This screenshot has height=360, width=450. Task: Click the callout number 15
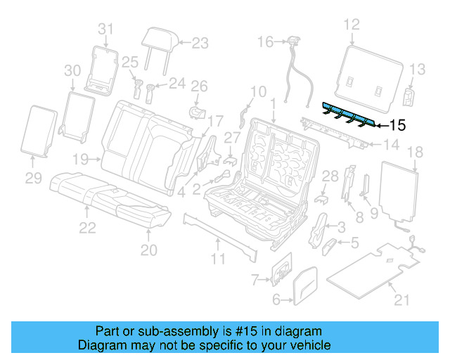(x=397, y=126)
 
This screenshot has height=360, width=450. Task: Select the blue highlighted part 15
(x=347, y=113)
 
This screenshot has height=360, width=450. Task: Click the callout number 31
(x=105, y=29)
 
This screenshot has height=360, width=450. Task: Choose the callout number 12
(x=351, y=27)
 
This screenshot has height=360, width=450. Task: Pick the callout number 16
(x=264, y=42)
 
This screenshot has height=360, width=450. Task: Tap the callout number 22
(x=86, y=227)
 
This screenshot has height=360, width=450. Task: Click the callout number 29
(x=34, y=179)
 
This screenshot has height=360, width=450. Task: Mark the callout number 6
(x=276, y=300)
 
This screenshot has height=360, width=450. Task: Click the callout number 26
(x=200, y=86)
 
